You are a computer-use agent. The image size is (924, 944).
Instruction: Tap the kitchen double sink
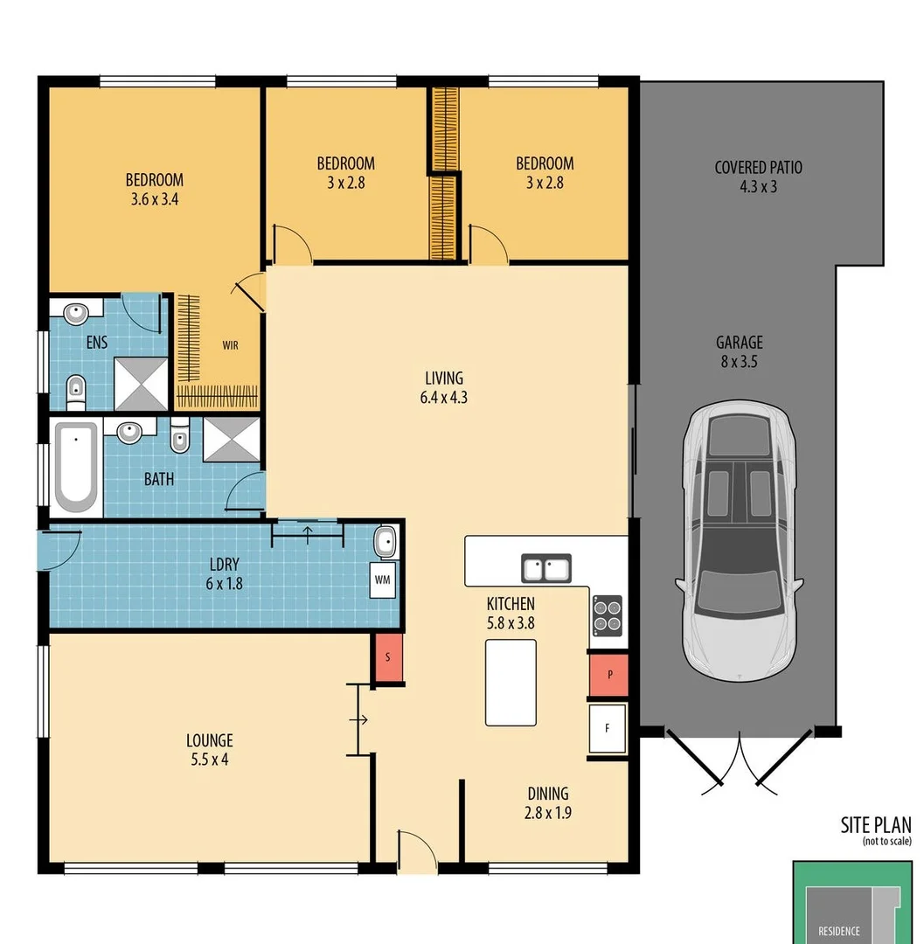point(546,569)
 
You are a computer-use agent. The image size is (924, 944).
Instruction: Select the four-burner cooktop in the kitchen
point(608,615)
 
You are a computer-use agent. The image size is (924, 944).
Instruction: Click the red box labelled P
point(608,676)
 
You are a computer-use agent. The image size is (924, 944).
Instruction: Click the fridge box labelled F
point(608,727)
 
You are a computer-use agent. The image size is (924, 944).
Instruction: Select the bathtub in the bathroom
point(76,466)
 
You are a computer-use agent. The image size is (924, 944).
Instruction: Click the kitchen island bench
point(511,682)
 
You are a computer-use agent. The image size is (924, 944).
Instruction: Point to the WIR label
point(230,345)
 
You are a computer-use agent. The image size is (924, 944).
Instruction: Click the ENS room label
point(97,343)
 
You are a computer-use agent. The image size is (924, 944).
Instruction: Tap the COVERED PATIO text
point(758,167)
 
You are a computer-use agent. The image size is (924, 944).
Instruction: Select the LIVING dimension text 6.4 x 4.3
point(444,397)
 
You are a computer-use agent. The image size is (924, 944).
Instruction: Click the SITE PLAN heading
point(875,824)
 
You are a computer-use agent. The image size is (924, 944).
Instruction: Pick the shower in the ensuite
point(140,384)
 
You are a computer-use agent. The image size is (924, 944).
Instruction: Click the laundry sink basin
point(385,543)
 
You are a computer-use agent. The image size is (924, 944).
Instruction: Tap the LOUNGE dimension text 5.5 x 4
point(209,760)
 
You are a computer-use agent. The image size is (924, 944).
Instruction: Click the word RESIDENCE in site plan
point(838,931)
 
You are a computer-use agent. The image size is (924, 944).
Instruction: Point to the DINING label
point(548,794)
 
